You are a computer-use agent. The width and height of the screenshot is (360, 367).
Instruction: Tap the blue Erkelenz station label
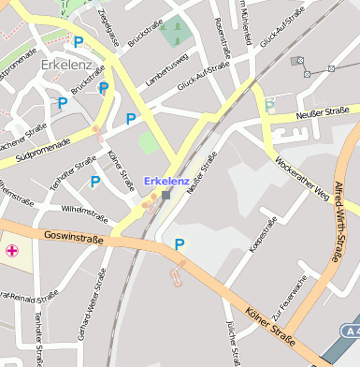166,181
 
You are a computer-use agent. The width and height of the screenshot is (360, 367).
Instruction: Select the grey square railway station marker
166,196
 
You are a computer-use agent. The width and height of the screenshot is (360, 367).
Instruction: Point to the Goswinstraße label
73,239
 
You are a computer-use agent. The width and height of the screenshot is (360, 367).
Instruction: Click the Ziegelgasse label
109,28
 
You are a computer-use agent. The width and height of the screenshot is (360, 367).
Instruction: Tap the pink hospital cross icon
12,250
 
